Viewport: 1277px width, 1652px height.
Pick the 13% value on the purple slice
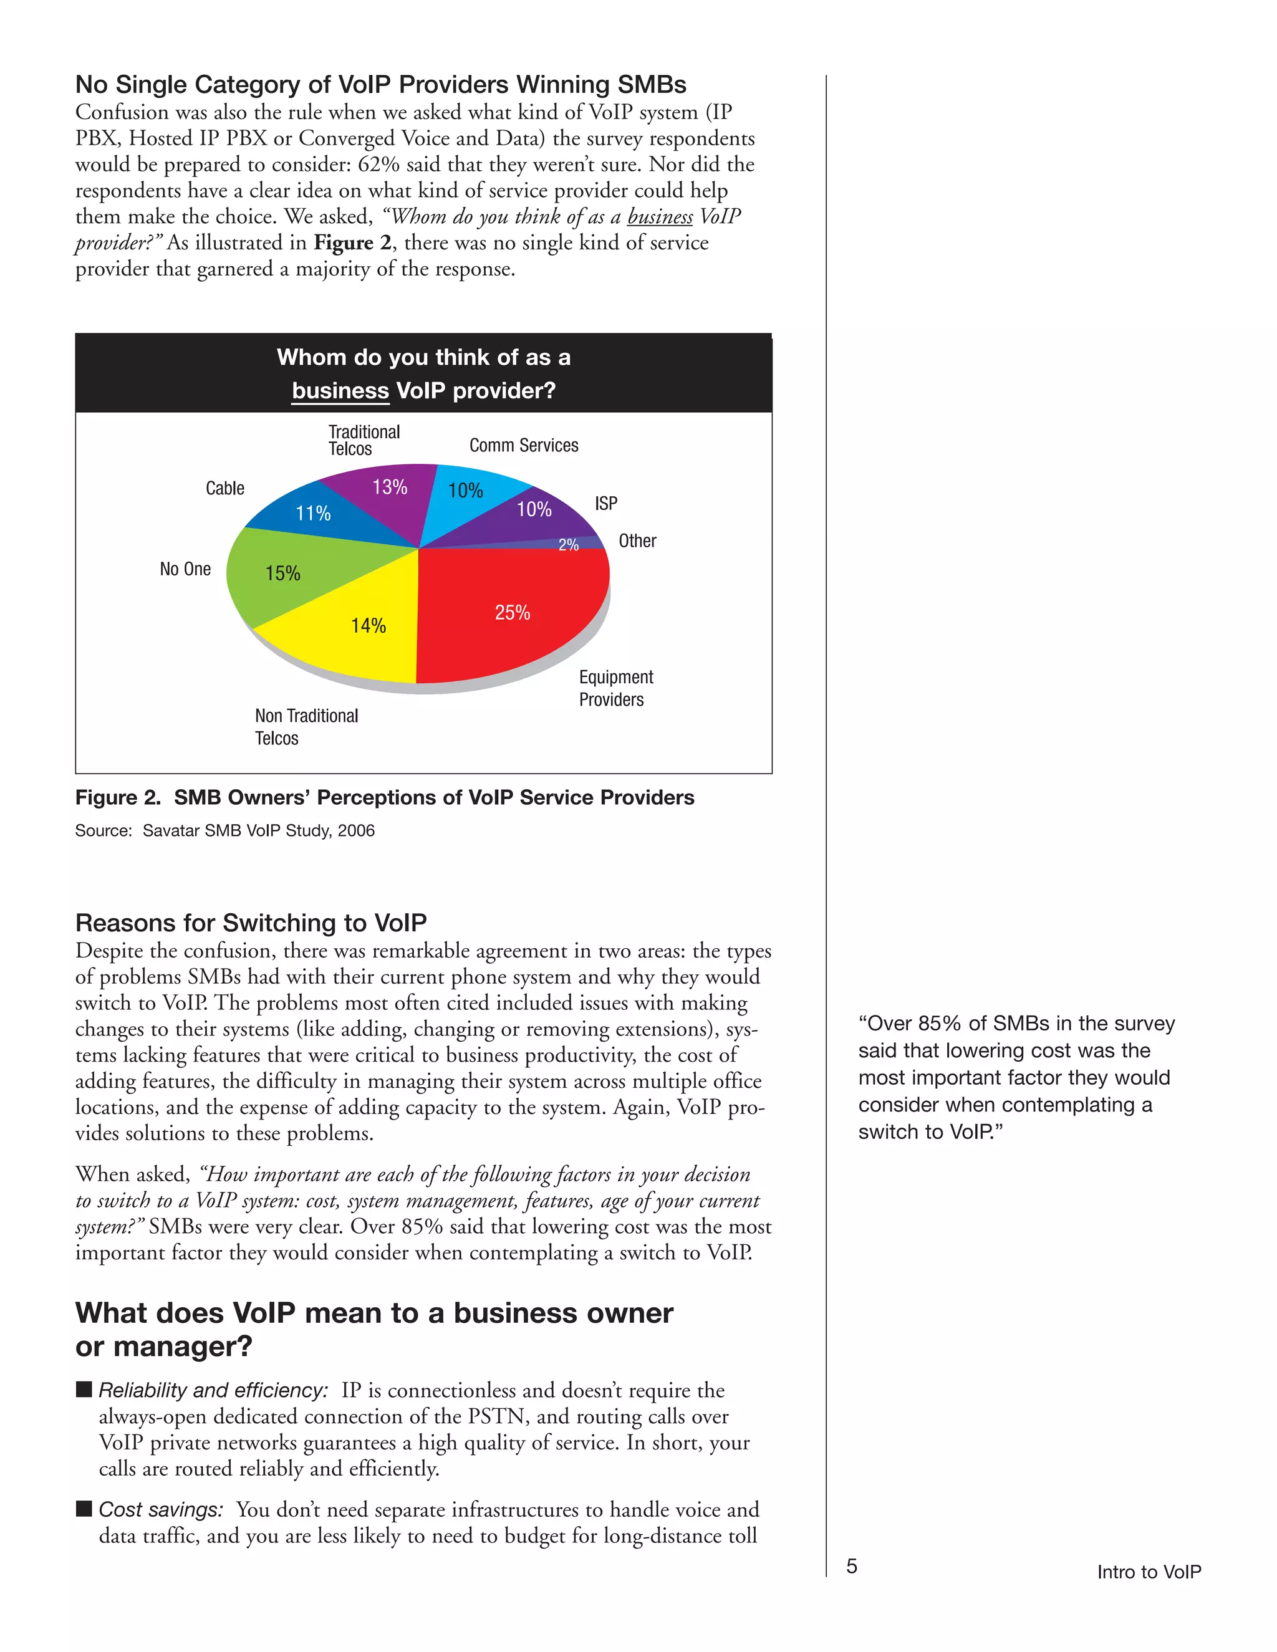click(x=390, y=487)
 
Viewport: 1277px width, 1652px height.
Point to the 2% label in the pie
click(x=568, y=545)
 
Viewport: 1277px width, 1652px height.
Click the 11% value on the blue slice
click(x=313, y=514)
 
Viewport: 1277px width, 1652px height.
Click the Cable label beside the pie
click(x=224, y=489)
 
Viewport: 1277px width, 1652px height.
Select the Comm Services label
click(x=524, y=446)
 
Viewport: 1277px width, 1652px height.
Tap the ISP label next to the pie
click(x=606, y=504)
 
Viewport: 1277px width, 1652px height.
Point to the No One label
click(x=185, y=569)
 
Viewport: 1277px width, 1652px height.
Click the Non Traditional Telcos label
click(x=306, y=726)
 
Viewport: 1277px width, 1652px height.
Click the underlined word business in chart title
click(x=340, y=391)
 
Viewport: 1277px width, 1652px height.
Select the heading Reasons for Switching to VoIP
click(x=251, y=923)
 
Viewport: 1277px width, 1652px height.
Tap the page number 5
click(x=852, y=1566)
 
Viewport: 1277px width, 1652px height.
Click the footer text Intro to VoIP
click(x=1149, y=1572)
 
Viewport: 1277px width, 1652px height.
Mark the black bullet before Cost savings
click(x=84, y=1508)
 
